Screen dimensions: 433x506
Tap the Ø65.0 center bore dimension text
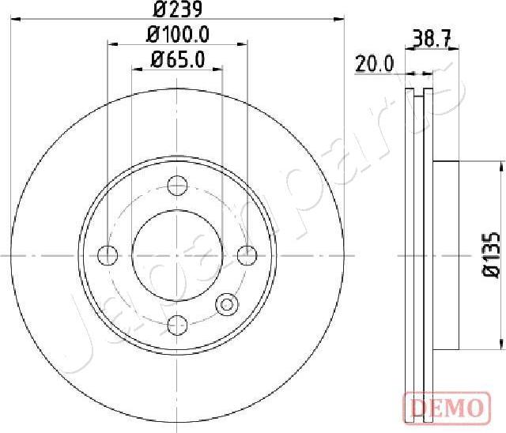click(x=177, y=58)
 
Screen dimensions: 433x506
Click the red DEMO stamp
click(x=444, y=408)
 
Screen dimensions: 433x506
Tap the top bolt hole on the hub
click(x=177, y=186)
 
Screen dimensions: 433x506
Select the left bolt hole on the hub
click(x=107, y=255)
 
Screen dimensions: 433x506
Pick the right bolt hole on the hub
click(x=247, y=255)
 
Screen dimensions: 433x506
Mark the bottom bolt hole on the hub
click(x=177, y=323)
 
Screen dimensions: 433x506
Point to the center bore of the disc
click(x=177, y=255)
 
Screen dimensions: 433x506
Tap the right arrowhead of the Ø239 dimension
click(x=340, y=20)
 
